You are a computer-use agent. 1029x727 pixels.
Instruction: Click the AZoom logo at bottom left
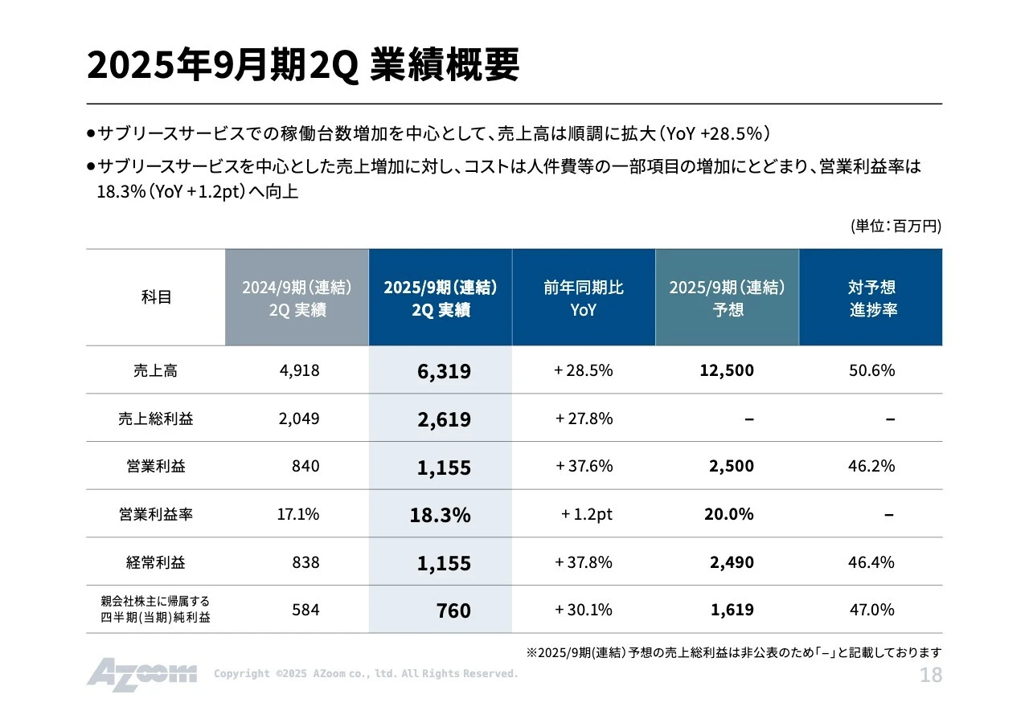point(141,674)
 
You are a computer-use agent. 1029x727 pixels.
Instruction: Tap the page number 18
point(930,676)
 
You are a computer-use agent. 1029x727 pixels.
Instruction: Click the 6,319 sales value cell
point(444,371)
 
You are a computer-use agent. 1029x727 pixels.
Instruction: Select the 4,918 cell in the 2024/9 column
point(299,370)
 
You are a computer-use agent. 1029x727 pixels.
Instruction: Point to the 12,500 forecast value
point(727,370)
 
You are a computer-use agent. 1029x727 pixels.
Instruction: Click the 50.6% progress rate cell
point(871,370)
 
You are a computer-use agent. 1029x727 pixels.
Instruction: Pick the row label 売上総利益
point(155,419)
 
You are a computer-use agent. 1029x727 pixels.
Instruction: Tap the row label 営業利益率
point(155,514)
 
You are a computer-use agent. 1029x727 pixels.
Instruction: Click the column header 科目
point(156,297)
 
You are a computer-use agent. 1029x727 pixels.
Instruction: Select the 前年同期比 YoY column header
point(584,298)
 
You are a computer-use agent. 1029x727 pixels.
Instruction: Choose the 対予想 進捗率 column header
point(871,298)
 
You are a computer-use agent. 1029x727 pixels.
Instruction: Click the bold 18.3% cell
point(440,515)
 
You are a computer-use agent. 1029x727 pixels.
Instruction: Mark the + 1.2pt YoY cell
point(586,514)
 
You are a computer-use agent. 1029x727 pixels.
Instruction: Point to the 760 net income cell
point(453,611)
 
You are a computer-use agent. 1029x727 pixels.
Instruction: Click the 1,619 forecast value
point(732,610)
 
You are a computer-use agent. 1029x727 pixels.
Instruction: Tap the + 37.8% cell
point(584,562)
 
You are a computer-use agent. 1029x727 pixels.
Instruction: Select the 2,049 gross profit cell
point(299,419)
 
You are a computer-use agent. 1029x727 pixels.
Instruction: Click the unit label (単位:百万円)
point(896,227)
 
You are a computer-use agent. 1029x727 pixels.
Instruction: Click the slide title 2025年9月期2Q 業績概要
point(302,65)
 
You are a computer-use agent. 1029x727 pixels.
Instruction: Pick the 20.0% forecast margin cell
point(728,514)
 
